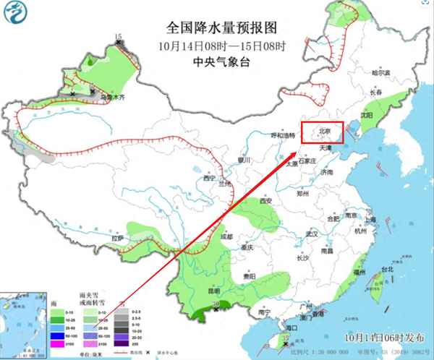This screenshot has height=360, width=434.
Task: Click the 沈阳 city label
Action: [x=367, y=115]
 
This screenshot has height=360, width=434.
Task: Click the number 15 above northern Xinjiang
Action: [x=119, y=36]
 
